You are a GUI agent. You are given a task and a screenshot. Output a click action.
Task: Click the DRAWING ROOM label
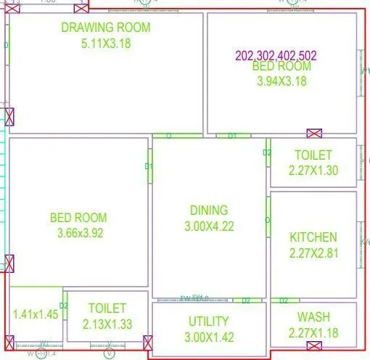tap(106, 28)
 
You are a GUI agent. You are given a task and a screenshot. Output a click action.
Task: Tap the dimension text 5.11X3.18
tap(106, 42)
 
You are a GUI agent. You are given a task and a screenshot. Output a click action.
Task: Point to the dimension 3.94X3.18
tap(281, 81)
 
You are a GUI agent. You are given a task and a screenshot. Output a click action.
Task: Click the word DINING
tap(209, 210)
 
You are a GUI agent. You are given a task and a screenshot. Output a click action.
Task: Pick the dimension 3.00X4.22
tap(209, 226)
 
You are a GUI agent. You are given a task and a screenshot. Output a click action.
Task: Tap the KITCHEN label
tap(313, 237)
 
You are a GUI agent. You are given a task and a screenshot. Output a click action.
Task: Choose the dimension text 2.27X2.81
tap(313, 253)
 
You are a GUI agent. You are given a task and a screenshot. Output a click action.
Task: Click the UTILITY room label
tap(208, 321)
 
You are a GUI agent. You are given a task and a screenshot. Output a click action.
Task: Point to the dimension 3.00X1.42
tap(208, 336)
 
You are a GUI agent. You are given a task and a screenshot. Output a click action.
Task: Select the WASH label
tap(313, 317)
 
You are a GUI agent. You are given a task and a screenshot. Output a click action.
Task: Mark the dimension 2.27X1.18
tap(313, 333)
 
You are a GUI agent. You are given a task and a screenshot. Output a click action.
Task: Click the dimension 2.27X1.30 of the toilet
tap(313, 171)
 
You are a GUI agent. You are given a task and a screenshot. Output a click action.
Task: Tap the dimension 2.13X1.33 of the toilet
tap(107, 324)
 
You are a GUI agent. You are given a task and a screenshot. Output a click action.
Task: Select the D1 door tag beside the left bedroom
tap(149, 167)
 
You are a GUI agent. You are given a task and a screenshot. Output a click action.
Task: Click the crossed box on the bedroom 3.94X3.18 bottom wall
tap(314, 134)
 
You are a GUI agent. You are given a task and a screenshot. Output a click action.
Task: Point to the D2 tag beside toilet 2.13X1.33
tap(64, 306)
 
